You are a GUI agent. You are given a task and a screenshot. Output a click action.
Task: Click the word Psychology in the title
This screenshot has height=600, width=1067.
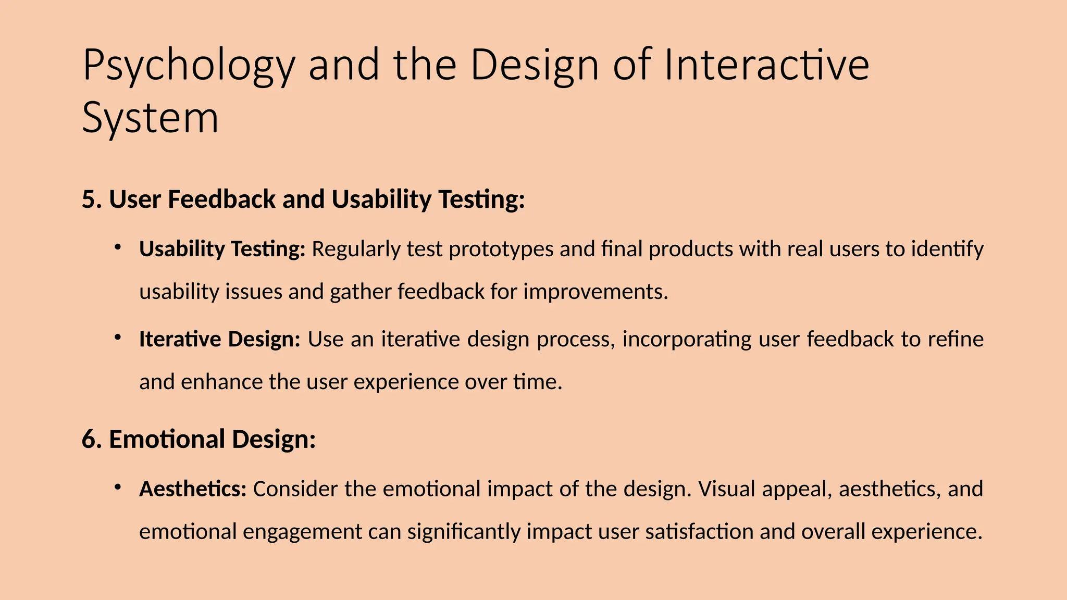click(189, 67)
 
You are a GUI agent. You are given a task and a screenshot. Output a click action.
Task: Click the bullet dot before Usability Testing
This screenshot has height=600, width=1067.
click(118, 246)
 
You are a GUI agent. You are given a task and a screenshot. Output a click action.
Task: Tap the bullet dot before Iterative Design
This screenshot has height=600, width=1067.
click(118, 338)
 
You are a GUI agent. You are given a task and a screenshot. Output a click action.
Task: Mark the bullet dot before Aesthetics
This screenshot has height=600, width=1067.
click(118, 487)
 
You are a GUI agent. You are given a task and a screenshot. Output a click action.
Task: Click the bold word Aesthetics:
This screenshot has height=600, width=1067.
click(192, 489)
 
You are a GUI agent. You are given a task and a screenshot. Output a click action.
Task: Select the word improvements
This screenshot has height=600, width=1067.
click(595, 292)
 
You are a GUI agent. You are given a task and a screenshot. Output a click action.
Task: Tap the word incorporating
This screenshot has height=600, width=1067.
click(687, 340)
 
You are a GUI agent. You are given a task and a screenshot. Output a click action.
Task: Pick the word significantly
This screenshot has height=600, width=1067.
click(464, 532)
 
